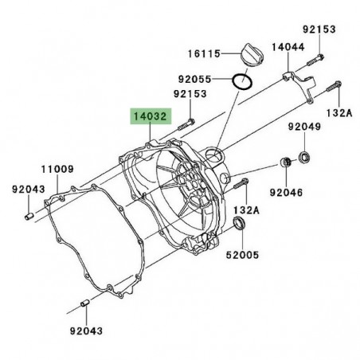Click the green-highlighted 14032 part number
tap(150, 117)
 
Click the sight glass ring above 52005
tap(240, 231)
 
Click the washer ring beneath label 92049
tap(306, 153)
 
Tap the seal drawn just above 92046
tap(284, 163)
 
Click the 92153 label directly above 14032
tap(190, 94)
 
